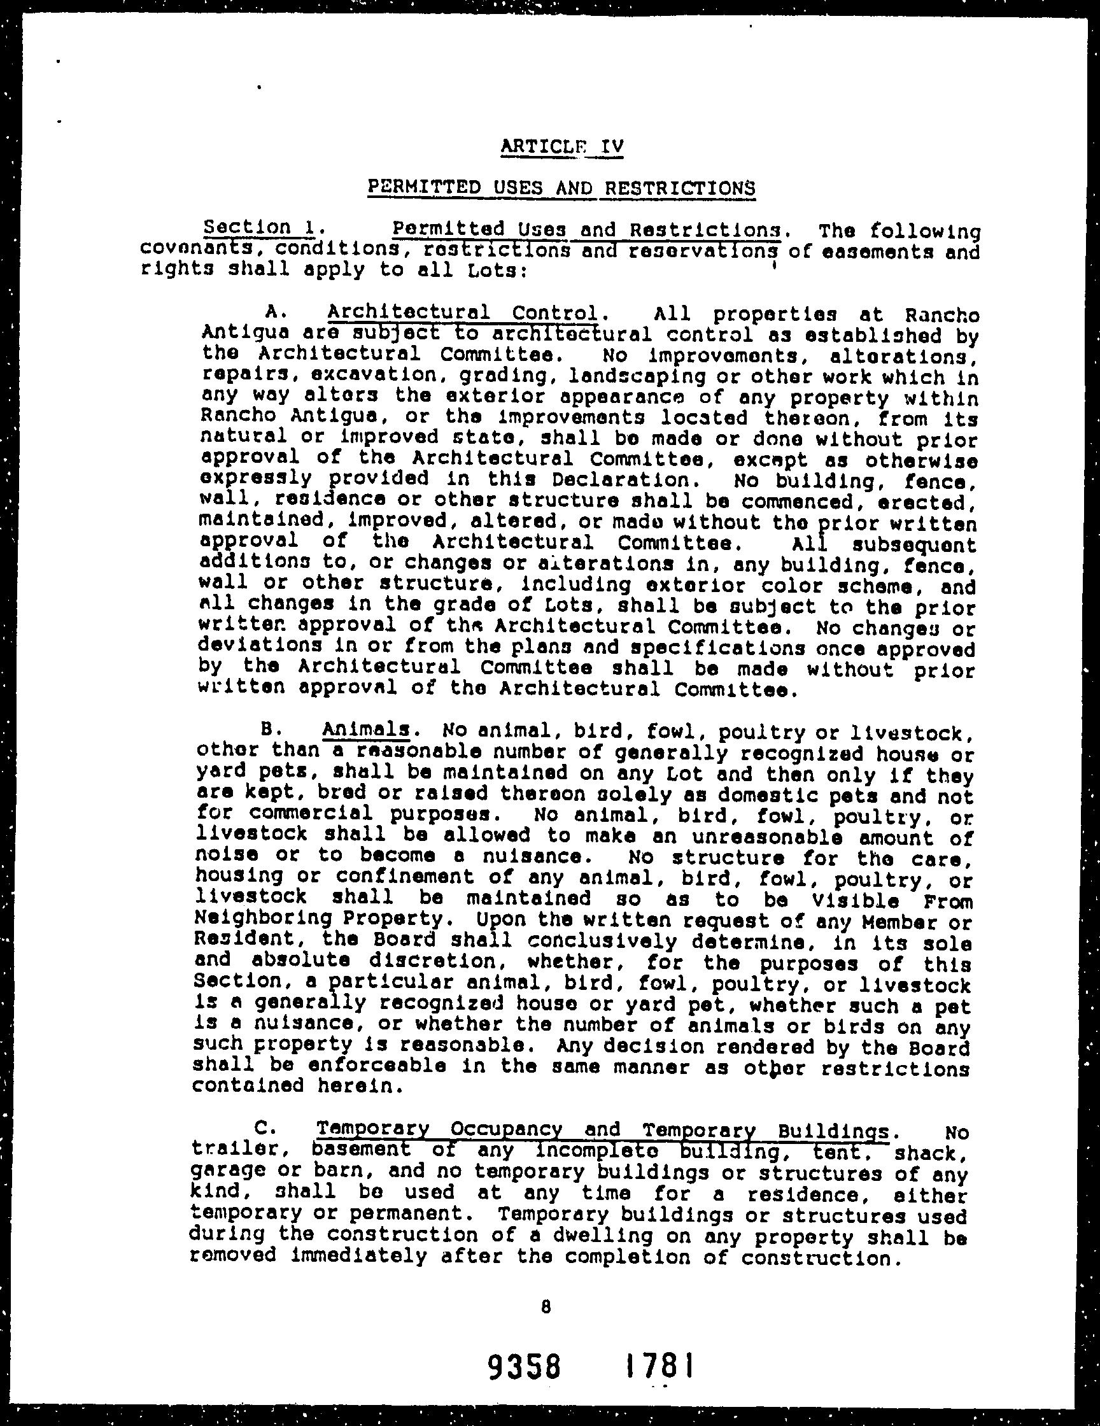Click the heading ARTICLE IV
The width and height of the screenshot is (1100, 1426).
coord(562,146)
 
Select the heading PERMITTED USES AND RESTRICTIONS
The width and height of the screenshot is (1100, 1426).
coord(561,188)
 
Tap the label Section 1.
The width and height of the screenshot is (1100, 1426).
coord(260,227)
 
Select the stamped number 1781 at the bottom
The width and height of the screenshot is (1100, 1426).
coord(658,1366)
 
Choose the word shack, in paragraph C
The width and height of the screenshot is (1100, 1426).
coord(930,1154)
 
